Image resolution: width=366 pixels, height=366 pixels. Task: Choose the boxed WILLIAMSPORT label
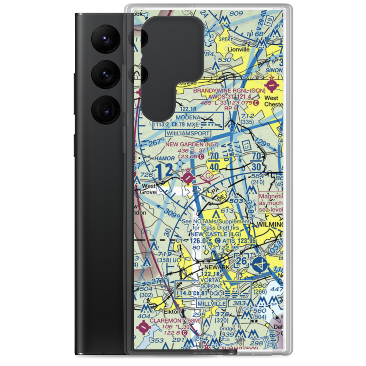(188, 134)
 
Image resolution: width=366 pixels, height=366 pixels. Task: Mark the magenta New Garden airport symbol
(188, 177)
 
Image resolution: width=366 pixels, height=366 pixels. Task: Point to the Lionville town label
(238, 49)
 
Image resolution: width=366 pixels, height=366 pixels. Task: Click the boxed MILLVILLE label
(212, 303)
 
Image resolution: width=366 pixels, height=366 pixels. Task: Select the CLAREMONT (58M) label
(169, 321)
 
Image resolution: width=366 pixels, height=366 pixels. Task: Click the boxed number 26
(242, 261)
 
